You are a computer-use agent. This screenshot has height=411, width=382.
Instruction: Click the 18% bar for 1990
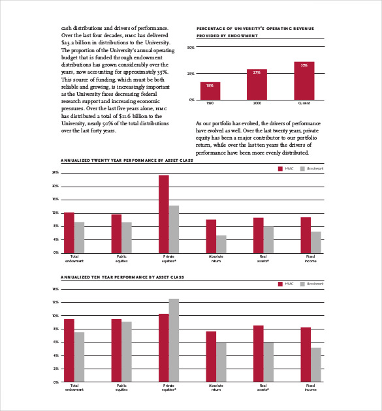pyautogui.click(x=210, y=91)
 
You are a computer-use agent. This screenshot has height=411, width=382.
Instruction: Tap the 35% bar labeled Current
pyautogui.click(x=304, y=80)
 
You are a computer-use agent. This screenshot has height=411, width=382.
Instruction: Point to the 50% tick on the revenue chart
pyautogui.click(x=191, y=48)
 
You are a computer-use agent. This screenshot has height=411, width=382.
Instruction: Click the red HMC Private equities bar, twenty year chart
pyautogui.click(x=163, y=213)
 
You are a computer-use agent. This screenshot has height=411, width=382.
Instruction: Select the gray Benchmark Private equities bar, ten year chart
pyautogui.click(x=174, y=340)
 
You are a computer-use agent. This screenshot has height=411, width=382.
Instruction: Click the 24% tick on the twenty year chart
pyautogui.click(x=56, y=172)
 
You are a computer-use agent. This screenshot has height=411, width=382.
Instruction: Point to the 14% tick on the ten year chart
pyautogui.click(x=56, y=288)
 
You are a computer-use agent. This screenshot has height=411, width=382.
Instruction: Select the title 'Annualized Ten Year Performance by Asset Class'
pyautogui.click(x=104, y=277)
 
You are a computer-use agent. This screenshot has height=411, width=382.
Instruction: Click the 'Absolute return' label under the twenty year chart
pyautogui.click(x=216, y=258)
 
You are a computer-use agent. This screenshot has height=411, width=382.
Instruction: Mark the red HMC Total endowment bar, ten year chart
pyautogui.click(x=69, y=350)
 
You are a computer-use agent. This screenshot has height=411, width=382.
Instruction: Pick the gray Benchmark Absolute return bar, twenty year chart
pyautogui.click(x=221, y=244)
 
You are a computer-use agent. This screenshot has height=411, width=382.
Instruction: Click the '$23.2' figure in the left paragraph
pyautogui.click(x=70, y=42)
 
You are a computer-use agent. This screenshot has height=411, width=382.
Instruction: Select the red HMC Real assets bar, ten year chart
pyautogui.click(x=259, y=354)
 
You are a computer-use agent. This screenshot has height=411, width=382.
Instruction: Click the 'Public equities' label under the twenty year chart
pyautogui.click(x=121, y=258)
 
